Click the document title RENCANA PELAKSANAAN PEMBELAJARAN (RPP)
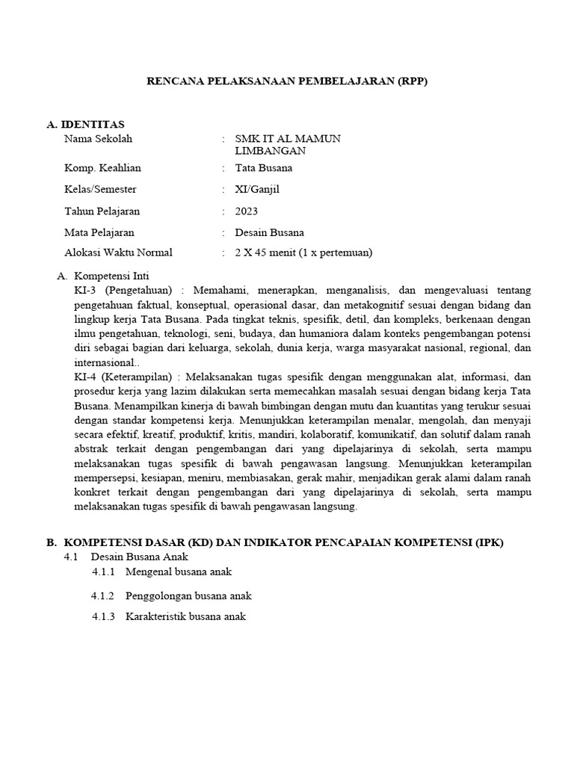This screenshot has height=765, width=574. tap(286, 81)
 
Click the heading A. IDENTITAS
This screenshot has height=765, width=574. tap(85, 123)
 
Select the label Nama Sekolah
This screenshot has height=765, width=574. tap(98, 139)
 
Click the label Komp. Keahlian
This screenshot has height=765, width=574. tap(102, 168)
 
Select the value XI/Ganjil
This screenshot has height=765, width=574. tap(256, 190)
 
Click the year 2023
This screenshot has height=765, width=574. tap(246, 211)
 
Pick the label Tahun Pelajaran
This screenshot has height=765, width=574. tap(102, 211)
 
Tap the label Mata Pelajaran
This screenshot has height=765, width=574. tap(99, 232)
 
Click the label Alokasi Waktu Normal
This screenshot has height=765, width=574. tap(118, 253)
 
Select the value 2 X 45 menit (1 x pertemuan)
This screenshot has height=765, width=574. tap(303, 253)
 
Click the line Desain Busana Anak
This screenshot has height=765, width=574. tap(140, 557)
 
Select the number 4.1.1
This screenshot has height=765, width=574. tap(104, 572)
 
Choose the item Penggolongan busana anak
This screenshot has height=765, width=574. tap(188, 596)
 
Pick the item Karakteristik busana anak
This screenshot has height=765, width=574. tap(185, 617)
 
